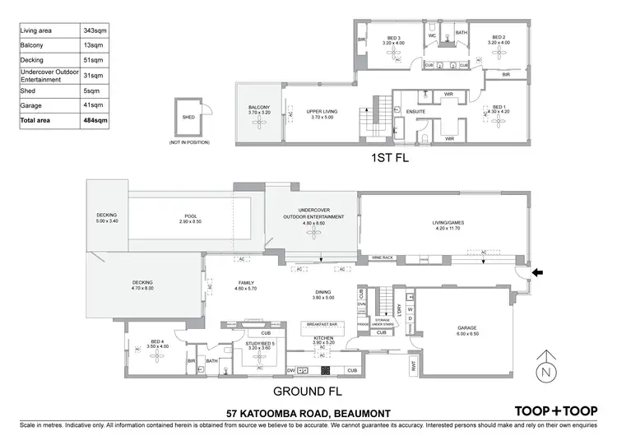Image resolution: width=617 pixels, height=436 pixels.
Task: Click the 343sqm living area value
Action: pyautogui.click(x=96, y=30)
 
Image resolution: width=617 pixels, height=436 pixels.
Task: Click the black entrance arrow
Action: pyautogui.click(x=537, y=274)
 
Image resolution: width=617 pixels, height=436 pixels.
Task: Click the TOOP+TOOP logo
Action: pyautogui.click(x=556, y=410)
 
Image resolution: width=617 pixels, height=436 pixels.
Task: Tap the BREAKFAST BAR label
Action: pyautogui.click(x=322, y=324)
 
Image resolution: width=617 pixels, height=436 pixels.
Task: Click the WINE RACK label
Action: pyautogui.click(x=384, y=257)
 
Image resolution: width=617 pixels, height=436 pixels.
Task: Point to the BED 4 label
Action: pyautogui.click(x=158, y=344)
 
